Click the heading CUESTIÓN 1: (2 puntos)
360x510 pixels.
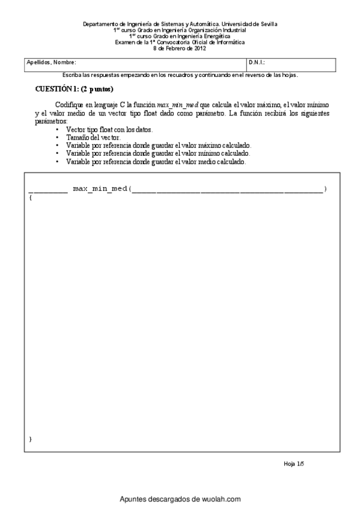pos(75,88)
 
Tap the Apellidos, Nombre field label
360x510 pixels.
pos(51,62)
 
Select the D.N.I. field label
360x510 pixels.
pos(257,62)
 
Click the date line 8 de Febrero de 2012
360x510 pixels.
pos(180,48)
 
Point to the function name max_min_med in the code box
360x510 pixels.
pos(100,189)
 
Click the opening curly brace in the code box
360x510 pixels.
pos(30,198)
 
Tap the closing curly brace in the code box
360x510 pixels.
pos(30,439)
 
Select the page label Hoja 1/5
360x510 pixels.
pos(294,464)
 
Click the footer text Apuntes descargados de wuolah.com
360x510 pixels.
pos(180,499)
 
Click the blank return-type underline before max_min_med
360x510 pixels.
pos(47,191)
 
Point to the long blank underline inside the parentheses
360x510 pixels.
pos(227,191)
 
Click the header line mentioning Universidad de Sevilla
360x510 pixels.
pos(180,24)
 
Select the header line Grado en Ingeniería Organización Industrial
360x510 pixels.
pos(180,30)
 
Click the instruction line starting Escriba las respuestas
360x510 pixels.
pos(180,75)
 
